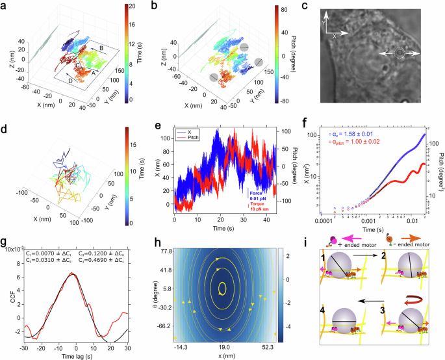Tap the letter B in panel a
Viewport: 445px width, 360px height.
click(x=101, y=49)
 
